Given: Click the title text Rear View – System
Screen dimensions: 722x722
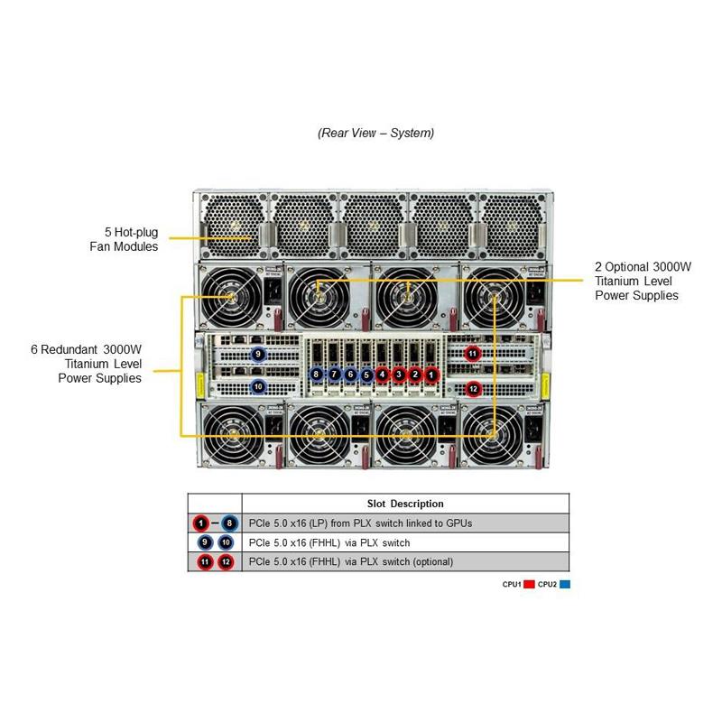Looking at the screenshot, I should tap(375, 133).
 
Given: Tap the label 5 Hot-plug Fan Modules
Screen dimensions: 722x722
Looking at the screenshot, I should tap(124, 239).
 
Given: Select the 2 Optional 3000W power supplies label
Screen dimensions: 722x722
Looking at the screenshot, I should tap(642, 281).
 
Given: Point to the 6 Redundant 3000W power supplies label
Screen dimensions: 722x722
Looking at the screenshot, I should tap(99, 363).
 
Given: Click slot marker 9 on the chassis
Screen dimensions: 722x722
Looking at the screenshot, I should tap(258, 355).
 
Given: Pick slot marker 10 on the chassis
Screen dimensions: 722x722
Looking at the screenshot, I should tap(258, 386).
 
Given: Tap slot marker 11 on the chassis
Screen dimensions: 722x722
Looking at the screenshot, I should tap(473, 354).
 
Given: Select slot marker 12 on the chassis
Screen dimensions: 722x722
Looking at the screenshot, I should tap(473, 389).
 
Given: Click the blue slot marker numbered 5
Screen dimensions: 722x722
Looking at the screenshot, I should tap(366, 374).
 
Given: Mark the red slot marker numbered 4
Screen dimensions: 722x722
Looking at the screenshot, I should tap(383, 374).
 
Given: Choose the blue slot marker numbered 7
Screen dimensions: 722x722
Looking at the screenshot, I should tap(333, 374).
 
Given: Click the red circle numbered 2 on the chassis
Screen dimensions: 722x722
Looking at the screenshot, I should tap(415, 374).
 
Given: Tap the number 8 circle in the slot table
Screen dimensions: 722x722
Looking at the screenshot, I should tap(230, 523).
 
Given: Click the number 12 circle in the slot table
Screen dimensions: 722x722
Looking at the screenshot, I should tap(226, 562).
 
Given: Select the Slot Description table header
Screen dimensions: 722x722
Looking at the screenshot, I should tap(405, 504).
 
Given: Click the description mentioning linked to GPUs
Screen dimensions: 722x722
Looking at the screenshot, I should tap(360, 523).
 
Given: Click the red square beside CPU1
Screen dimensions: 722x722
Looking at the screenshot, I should tap(530, 585).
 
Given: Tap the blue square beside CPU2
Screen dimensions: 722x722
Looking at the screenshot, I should tap(565, 585).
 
